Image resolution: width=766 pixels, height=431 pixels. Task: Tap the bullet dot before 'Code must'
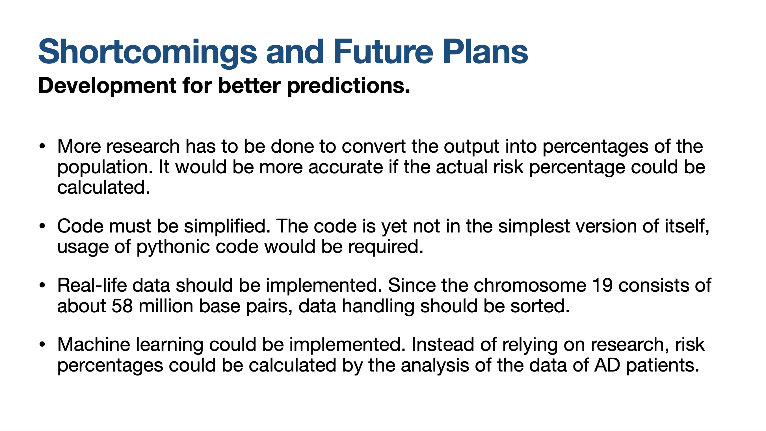(42, 226)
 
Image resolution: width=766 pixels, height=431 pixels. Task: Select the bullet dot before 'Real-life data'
(42, 285)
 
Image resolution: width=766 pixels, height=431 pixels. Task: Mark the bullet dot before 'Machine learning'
(42, 344)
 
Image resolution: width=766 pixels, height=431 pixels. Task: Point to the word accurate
(346, 167)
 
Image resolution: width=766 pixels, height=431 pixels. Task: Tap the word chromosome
(530, 285)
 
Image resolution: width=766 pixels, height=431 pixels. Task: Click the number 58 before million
(122, 306)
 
